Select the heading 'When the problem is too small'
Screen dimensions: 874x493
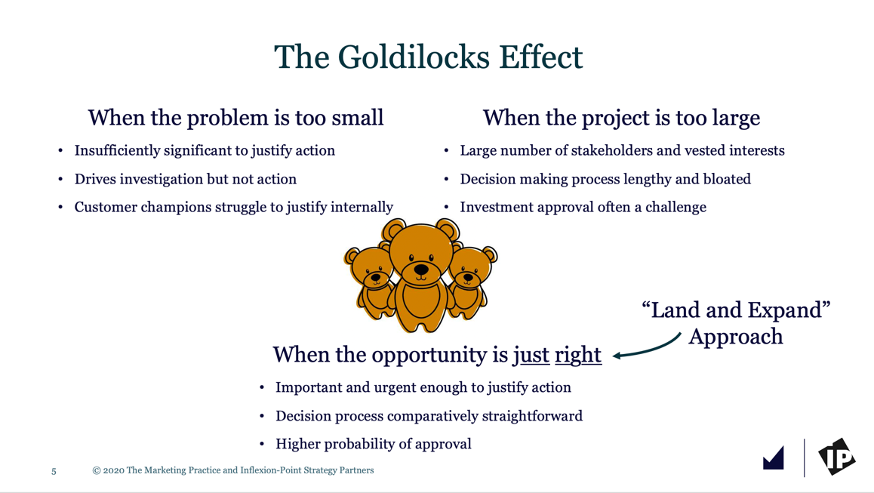click(x=235, y=119)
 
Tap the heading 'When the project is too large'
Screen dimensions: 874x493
click(x=621, y=119)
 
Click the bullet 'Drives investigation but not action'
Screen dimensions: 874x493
click(x=186, y=179)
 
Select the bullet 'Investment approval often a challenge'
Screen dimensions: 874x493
click(x=583, y=208)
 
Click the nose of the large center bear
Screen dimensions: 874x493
click(x=421, y=270)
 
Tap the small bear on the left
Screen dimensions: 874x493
click(x=370, y=282)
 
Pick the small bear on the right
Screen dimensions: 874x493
click(x=472, y=282)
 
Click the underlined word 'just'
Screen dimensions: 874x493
click(x=531, y=355)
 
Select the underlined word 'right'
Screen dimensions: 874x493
click(x=578, y=355)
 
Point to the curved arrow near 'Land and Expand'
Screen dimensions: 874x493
click(x=647, y=349)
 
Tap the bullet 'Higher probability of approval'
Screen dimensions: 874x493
click(x=374, y=444)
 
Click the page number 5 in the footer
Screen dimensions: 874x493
click(x=54, y=471)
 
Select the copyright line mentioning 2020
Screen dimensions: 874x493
click(x=233, y=470)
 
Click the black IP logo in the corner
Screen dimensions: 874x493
click(x=837, y=457)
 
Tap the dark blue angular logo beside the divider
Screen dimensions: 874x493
click(x=774, y=458)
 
